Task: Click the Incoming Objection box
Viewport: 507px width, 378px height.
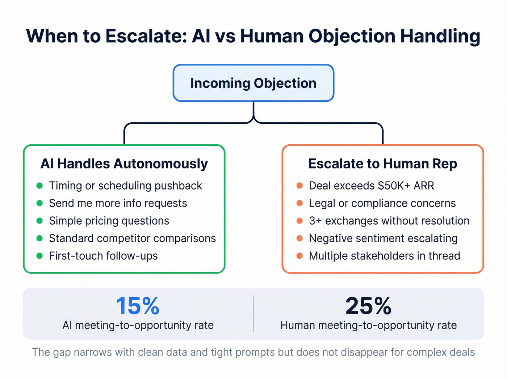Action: click(253, 83)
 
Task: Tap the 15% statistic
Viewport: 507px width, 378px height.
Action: click(138, 306)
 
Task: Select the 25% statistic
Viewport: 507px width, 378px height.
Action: click(368, 306)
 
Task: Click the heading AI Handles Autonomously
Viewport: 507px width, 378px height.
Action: click(124, 164)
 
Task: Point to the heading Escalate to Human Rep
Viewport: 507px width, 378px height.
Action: click(382, 164)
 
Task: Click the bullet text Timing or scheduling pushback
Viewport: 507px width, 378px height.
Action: click(125, 186)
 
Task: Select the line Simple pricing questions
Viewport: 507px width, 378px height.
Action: click(109, 221)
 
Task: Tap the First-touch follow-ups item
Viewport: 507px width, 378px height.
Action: click(103, 256)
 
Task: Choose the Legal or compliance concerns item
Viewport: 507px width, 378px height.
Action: click(382, 203)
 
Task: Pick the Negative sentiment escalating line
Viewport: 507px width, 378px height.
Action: click(383, 238)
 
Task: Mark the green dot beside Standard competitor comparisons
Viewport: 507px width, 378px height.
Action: click(40, 238)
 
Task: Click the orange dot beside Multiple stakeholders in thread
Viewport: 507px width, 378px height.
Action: click(299, 256)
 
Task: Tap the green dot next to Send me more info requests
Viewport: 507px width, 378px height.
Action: click(40, 203)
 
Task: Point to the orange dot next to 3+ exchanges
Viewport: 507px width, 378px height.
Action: click(299, 221)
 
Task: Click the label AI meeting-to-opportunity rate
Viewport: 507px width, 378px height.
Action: click(138, 325)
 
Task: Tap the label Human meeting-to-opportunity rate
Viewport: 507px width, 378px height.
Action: click(368, 325)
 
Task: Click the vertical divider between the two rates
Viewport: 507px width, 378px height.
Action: click(253, 314)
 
